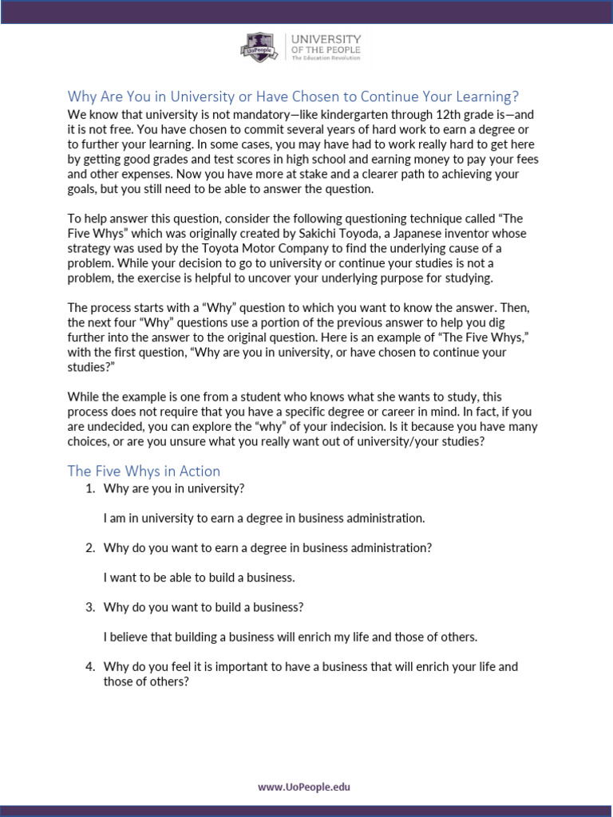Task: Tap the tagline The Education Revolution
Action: [x=326, y=58]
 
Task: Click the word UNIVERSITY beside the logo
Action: [x=326, y=39]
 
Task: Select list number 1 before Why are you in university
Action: [x=89, y=488]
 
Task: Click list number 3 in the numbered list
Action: [x=89, y=607]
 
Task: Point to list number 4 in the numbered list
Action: [x=89, y=666]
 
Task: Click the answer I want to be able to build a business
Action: [x=199, y=578]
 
